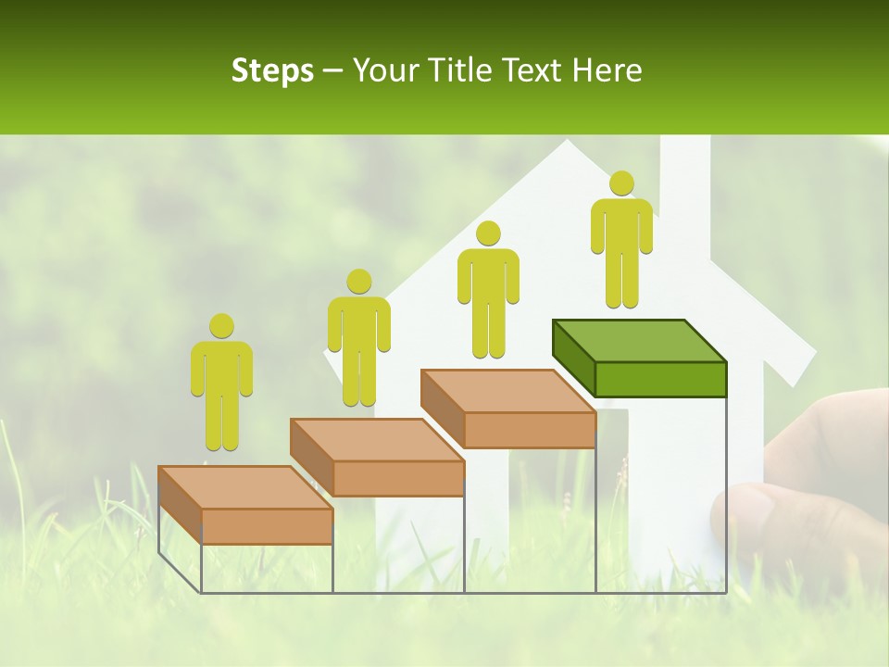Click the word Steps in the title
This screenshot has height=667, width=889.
[272, 70]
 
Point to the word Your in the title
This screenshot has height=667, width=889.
[383, 70]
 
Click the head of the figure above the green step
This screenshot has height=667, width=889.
[621, 183]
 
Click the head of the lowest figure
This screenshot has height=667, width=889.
[221, 326]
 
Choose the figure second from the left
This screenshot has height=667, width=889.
[358, 338]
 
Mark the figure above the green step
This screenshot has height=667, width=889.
[621, 241]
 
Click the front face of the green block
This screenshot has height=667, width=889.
[660, 379]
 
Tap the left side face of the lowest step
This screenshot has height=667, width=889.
[180, 506]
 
